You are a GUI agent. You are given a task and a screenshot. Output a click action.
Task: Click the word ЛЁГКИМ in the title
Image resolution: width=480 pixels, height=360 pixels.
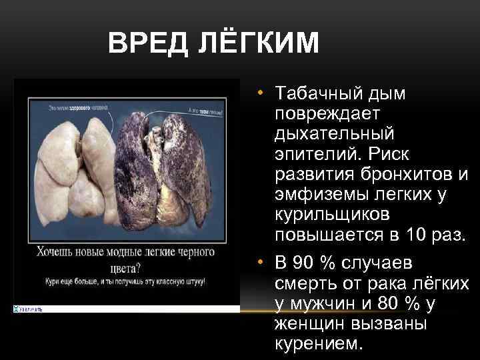click(x=259, y=45)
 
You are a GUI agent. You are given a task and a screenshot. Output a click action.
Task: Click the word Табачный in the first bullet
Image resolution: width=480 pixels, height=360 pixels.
click(x=316, y=94)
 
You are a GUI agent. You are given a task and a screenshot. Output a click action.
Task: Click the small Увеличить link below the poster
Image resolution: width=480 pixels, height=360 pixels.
click(x=29, y=309)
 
